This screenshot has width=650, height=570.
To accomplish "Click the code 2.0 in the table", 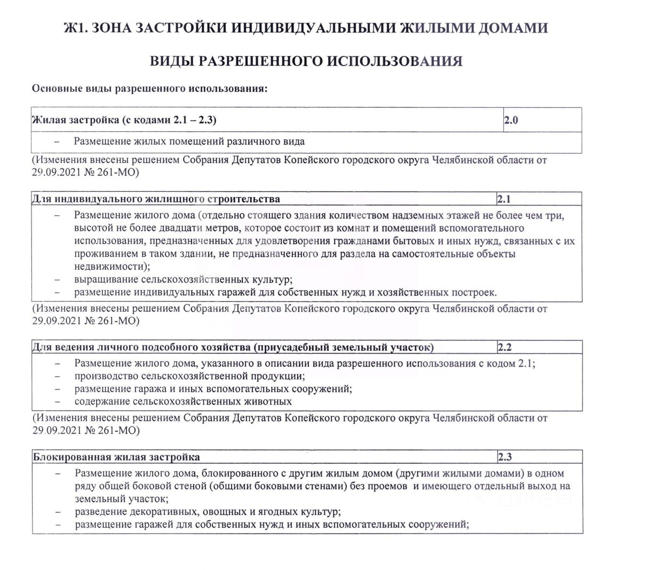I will pyautogui.click(x=511, y=120).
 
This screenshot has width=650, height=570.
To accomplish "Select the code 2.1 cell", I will pyautogui.click(x=504, y=199).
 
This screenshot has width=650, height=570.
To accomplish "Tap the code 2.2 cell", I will pyautogui.click(x=505, y=348).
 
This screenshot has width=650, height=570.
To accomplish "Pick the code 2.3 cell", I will pyautogui.click(x=505, y=457).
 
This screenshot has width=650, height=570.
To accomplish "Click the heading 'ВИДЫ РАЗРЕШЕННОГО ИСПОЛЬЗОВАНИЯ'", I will pyautogui.click(x=306, y=61).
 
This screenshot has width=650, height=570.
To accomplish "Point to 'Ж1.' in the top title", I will pyautogui.click(x=76, y=28).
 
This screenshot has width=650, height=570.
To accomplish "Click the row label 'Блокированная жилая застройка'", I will pyautogui.click(x=117, y=457).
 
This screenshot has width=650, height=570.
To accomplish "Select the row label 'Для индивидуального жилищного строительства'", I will pyautogui.click(x=156, y=199).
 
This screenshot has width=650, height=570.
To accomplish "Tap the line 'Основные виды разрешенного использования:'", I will pyautogui.click(x=149, y=88).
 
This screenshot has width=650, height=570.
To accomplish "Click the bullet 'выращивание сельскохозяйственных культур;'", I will pyautogui.click(x=184, y=279).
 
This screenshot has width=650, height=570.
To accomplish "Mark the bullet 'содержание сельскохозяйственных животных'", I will pyautogui.click(x=183, y=401).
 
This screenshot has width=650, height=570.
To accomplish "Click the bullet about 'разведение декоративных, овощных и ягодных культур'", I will pyautogui.click(x=208, y=512).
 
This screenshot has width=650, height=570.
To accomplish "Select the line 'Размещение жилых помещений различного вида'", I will pyautogui.click(x=189, y=142).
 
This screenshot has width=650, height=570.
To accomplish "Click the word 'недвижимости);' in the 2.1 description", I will pyautogui.click(x=113, y=266).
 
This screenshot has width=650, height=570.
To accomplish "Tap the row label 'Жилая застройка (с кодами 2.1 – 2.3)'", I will pyautogui.click(x=124, y=120).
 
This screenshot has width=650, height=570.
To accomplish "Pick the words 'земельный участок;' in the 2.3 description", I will pyautogui.click(x=122, y=499).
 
